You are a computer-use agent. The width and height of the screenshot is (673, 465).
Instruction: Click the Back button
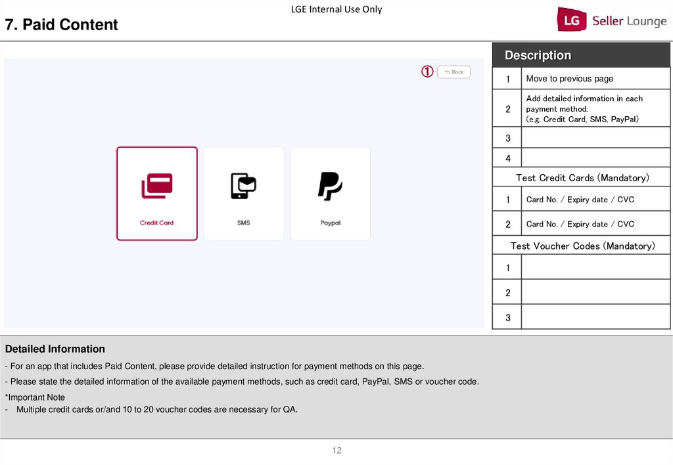pos(453,72)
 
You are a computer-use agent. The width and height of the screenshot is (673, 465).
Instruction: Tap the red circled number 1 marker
pos(427,71)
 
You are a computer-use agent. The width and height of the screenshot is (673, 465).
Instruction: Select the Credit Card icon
pos(157,186)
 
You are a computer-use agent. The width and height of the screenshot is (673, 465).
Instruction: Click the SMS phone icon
pos(243,186)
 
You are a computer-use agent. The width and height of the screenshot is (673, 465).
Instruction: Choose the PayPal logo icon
pos(330,186)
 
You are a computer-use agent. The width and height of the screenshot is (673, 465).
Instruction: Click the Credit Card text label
pos(156,223)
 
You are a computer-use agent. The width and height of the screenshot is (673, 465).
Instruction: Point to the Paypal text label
pos(331,223)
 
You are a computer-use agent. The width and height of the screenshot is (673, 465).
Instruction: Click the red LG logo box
pos(572,19)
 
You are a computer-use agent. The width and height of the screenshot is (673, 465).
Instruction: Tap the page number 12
pos(337,451)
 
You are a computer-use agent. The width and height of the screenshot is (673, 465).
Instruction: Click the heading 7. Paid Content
pos(61,24)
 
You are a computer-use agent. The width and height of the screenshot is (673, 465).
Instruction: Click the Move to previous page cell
pos(595,79)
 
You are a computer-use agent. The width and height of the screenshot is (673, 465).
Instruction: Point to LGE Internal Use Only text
pos(336,9)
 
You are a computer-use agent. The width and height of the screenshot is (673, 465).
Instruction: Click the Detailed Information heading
pos(55,349)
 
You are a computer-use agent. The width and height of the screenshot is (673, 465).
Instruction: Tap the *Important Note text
pos(35,397)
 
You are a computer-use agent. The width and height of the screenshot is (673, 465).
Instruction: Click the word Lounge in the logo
pos(647,21)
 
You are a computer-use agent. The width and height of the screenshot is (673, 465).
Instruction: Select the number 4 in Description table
pos(508,158)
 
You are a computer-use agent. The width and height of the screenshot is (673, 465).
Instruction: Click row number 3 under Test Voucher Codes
pos(508,317)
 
